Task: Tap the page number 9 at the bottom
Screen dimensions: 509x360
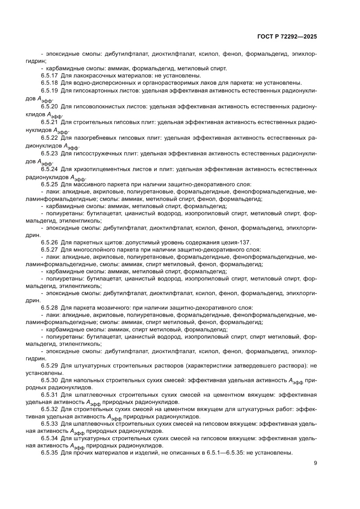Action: [315, 463]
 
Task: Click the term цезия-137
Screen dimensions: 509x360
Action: [237, 242]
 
